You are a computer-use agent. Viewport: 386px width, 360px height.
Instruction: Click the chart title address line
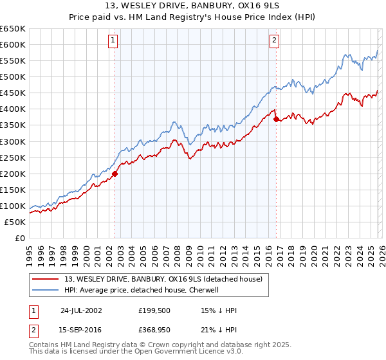tap(193, 7)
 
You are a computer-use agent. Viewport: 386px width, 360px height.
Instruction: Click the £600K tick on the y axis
tap(13, 44)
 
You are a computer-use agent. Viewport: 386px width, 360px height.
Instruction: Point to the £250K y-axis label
tap(13, 157)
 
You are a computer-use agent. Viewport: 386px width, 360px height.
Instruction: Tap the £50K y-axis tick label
tap(15, 222)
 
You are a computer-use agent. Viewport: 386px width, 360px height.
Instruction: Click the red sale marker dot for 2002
tap(115, 174)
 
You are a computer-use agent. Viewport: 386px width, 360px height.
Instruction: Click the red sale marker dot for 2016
tap(276, 119)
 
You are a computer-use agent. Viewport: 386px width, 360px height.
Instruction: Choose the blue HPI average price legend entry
tap(142, 290)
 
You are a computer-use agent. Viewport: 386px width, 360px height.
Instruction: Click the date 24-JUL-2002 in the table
tap(80, 310)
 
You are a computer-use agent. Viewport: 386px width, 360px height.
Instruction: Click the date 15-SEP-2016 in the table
tap(80, 329)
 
